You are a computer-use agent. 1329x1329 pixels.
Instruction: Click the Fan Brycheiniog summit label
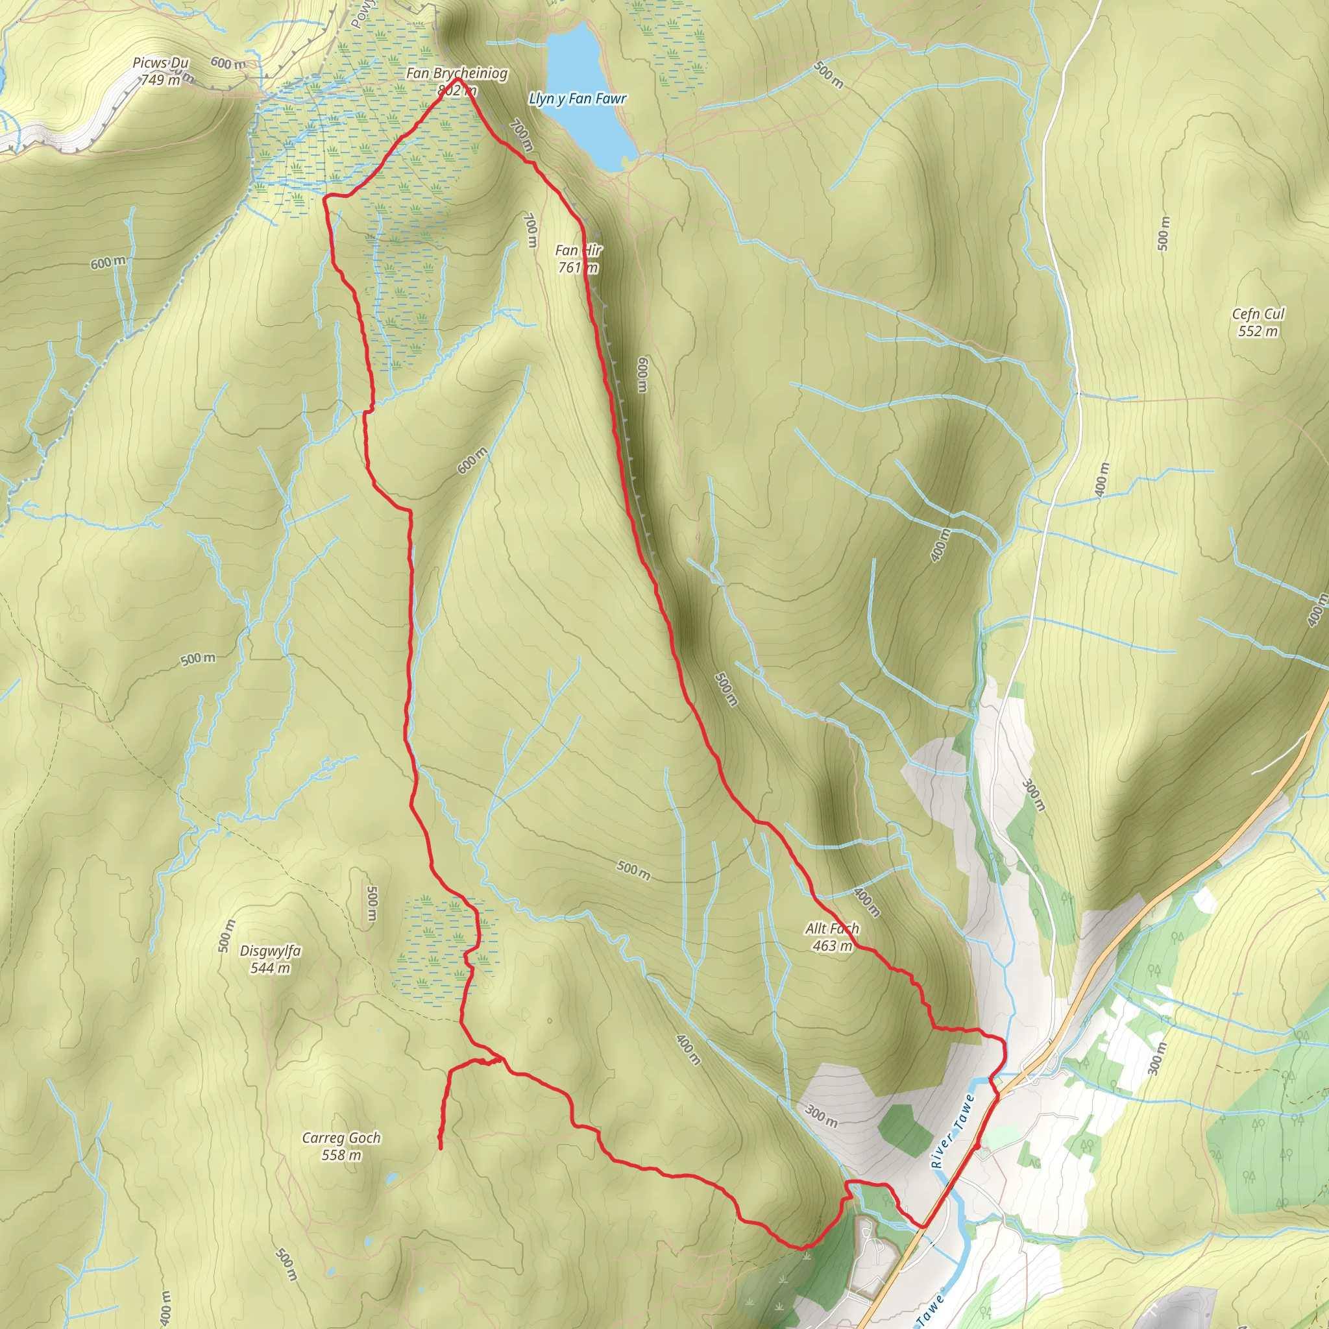(457, 73)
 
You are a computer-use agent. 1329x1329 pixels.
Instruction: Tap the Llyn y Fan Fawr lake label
(578, 99)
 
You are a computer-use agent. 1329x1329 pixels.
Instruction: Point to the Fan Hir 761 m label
(578, 259)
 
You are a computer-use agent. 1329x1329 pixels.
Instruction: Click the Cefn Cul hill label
(1258, 314)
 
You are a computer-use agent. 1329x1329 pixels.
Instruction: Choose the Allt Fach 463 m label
(833, 937)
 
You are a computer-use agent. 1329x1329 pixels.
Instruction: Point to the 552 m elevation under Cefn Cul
(1258, 332)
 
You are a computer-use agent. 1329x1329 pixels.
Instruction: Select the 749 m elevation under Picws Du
(160, 80)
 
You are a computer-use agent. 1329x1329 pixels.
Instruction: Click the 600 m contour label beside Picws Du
(228, 64)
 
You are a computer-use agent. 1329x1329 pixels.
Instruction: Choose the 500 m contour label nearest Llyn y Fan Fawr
(828, 74)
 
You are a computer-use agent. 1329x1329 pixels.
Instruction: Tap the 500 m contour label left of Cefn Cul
(1162, 234)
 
